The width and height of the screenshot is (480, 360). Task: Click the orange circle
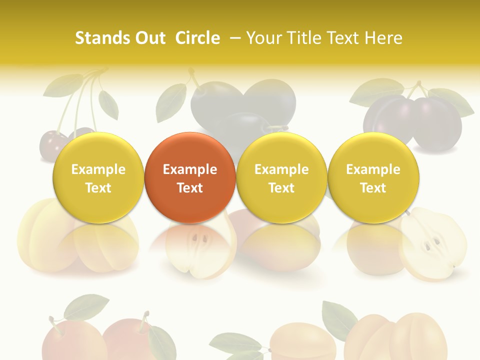pos(190,177)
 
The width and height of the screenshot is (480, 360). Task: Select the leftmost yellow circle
pos(98,177)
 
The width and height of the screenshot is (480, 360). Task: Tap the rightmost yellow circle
pos(373,177)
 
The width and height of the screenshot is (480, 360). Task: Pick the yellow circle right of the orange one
pos(281,177)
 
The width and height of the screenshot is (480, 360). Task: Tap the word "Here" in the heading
pos(384,38)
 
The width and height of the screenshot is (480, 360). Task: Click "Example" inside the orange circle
pos(190,169)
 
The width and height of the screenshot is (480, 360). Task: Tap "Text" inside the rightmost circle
pos(373,188)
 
